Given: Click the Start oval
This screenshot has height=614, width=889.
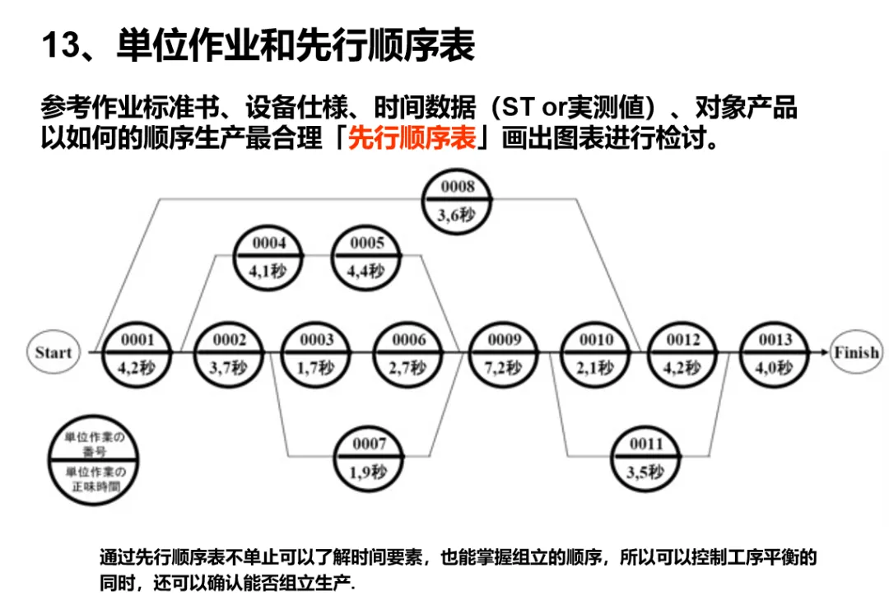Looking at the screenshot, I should tap(54, 352).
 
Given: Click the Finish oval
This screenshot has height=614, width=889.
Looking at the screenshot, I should tap(856, 352).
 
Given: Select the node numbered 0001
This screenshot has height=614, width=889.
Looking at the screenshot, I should tap(137, 352).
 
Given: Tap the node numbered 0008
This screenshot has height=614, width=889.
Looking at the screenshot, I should tap(458, 200).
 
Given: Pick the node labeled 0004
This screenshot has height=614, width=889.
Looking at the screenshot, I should tap(269, 257).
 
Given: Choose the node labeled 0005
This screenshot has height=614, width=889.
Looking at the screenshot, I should tap(367, 257).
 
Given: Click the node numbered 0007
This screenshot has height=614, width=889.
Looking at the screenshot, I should tap(370, 458).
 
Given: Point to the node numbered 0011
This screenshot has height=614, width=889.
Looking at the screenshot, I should tap(646, 458).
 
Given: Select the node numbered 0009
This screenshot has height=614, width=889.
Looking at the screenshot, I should tap(504, 352).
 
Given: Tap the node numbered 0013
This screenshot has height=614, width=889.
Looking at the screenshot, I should tap(775, 352).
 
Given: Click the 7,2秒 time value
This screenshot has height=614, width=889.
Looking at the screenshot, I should tap(504, 367).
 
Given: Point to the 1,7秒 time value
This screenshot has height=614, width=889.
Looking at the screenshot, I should tap(317, 367).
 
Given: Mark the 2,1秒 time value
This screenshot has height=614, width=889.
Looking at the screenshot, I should tap(596, 367).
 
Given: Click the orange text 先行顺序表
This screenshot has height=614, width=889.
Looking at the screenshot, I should tap(412, 137).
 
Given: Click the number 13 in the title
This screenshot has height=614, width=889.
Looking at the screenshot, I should tap(59, 45).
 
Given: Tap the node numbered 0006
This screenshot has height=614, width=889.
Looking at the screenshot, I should tap(409, 352).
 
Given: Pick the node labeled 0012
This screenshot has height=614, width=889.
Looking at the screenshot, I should tap(683, 352).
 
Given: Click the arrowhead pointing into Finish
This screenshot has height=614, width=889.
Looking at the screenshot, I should tap(824, 352).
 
